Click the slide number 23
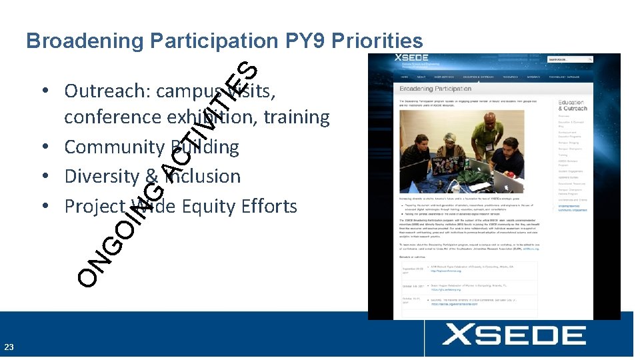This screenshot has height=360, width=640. click(9, 347)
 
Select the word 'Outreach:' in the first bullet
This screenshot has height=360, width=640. click(107, 90)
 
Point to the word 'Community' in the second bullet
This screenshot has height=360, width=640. click(114, 147)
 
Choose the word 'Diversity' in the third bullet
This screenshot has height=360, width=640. click(102, 177)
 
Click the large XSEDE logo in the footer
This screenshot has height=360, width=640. click(514, 335)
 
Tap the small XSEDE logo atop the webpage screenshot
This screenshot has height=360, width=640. click(411, 59)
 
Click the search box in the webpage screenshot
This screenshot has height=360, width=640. click(569, 59)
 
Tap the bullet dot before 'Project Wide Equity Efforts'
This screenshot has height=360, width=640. click(51, 207)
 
